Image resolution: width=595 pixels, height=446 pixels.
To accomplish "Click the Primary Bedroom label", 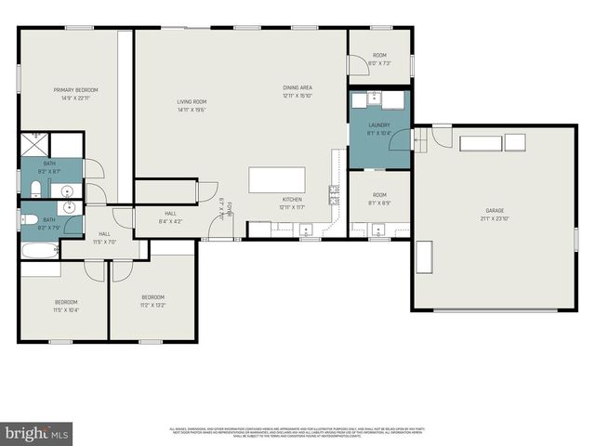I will pos(74,89).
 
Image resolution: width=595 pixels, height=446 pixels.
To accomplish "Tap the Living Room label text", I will pos(192,101).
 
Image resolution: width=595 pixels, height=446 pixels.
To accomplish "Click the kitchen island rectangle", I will pos(276,179).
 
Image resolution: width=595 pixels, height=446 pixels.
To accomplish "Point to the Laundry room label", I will pos(378,125).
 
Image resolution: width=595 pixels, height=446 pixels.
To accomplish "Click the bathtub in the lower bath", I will pos(38,250).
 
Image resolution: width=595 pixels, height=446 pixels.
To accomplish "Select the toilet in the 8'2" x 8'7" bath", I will pos(33,190).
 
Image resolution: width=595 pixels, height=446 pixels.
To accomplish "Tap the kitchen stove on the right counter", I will pos(333,194).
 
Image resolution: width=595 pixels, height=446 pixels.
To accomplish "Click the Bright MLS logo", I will pos(36,433).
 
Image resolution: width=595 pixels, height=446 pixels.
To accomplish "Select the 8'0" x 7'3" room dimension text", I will pos(379,63).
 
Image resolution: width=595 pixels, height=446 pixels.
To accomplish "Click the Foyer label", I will pos(224,206).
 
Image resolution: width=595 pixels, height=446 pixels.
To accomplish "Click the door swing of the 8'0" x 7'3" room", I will pos(356,66).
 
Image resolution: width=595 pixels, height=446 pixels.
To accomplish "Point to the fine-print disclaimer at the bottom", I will pos(297,432).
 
